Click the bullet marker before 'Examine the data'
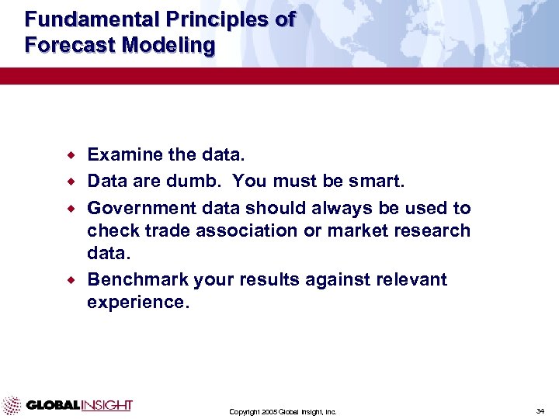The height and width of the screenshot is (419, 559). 75,154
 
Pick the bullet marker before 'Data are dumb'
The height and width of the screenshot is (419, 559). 75,181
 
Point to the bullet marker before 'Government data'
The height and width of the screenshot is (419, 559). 75,208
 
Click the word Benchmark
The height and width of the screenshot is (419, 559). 135,279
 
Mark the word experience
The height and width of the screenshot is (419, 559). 137,302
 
